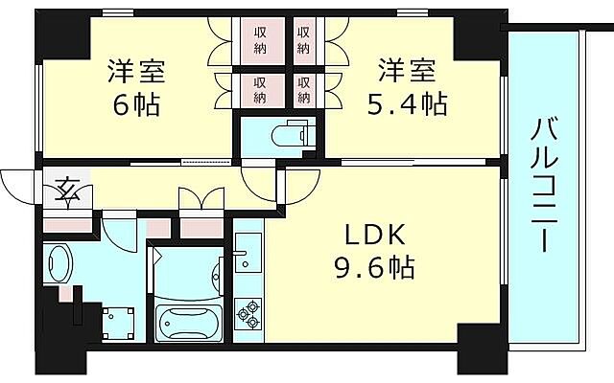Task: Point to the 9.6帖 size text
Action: [374, 268]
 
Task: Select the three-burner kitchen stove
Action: [248, 312]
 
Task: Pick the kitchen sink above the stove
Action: [247, 254]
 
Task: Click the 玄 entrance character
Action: [68, 189]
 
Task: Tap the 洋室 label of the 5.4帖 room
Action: [408, 72]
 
